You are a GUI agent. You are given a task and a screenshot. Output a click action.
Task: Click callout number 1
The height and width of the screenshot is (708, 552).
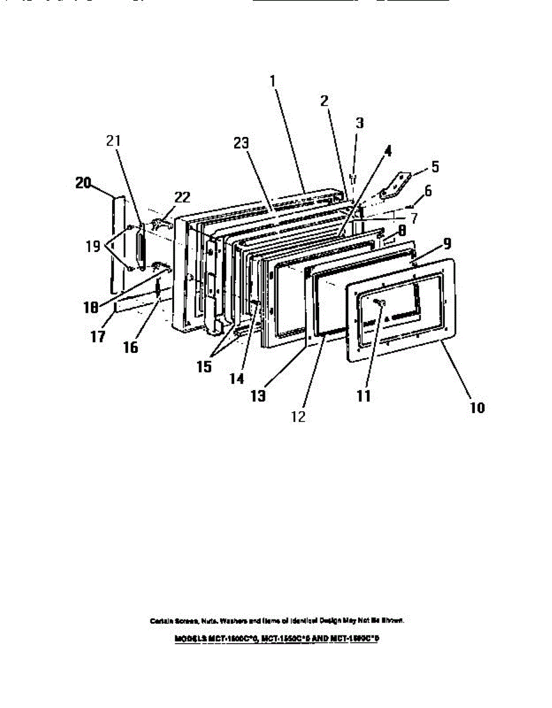[x=273, y=81]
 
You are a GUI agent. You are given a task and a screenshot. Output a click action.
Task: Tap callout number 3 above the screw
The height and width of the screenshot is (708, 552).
[x=359, y=123]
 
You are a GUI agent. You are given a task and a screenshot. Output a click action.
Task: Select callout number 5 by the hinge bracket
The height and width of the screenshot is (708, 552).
[x=435, y=167]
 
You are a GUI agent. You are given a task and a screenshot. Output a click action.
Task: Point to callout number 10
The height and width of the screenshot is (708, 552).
[x=477, y=408]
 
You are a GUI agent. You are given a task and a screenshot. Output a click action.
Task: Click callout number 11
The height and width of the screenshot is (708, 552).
[x=364, y=396]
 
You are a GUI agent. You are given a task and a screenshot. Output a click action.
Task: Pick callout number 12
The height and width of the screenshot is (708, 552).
[x=298, y=416]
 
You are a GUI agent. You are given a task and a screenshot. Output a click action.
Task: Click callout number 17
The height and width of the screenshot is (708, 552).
[x=97, y=336]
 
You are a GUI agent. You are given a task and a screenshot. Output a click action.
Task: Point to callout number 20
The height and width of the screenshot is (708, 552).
[x=83, y=183]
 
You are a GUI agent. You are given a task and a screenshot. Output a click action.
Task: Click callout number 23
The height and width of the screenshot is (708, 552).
[x=241, y=143]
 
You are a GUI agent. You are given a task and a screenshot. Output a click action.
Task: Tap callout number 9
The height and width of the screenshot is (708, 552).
[x=447, y=242]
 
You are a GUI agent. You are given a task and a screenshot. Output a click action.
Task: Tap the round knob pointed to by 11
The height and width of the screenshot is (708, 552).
[x=379, y=303]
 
